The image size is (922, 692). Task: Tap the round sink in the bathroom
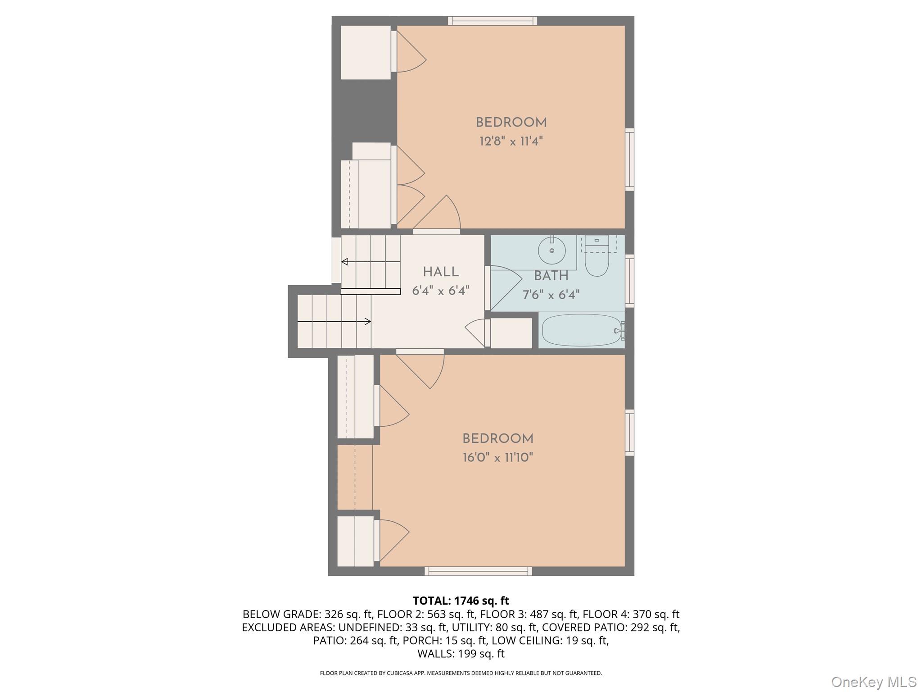(551, 250)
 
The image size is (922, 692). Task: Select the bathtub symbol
(582, 330)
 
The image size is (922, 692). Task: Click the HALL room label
(441, 272)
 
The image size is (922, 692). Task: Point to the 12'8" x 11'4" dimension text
(511, 141)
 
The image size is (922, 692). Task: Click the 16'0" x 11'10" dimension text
(497, 458)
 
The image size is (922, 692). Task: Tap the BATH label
(551, 276)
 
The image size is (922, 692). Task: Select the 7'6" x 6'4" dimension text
(551, 295)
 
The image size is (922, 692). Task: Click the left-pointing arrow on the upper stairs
(345, 262)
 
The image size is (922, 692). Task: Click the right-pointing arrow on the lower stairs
(367, 322)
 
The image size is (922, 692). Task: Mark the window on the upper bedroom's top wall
(493, 21)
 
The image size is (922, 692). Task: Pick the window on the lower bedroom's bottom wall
(478, 571)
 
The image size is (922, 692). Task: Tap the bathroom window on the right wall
(630, 281)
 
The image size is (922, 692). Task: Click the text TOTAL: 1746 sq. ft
(461, 601)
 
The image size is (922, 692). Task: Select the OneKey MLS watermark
(873, 682)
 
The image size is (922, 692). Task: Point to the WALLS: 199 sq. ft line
(461, 654)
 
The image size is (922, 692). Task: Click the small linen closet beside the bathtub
(511, 333)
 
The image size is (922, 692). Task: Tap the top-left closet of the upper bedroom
(366, 52)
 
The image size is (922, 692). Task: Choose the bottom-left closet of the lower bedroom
(355, 541)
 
